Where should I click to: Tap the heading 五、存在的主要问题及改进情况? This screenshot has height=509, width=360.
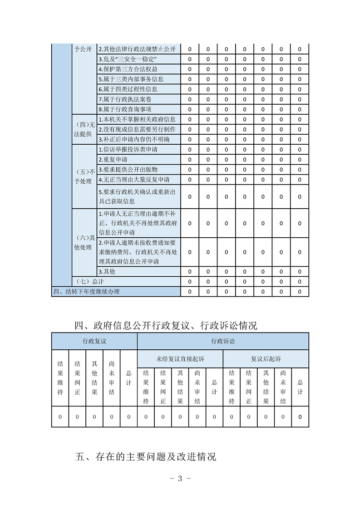click(x=145, y=456)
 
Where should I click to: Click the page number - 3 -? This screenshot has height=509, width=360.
click(x=180, y=478)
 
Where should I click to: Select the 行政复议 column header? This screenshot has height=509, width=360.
click(x=94, y=341)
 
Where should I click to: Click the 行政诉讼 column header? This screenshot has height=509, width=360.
click(x=223, y=341)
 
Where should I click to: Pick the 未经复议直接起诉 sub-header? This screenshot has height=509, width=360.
click(x=180, y=358)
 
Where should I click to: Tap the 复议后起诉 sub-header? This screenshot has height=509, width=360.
click(x=266, y=358)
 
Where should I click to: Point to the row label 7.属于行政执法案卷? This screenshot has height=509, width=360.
click(x=124, y=99)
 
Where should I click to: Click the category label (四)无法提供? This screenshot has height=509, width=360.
click(x=85, y=129)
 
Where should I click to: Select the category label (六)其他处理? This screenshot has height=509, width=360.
click(x=85, y=243)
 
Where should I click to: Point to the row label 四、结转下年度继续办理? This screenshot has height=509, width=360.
click(x=87, y=292)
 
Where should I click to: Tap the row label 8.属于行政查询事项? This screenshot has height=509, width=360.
click(x=125, y=109)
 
